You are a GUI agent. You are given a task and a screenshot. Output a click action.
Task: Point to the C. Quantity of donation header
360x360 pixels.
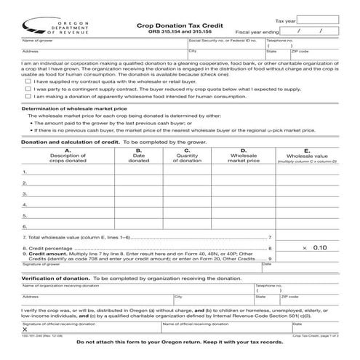click(188, 156)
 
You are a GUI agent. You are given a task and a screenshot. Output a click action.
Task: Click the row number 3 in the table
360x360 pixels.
click(25, 193)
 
